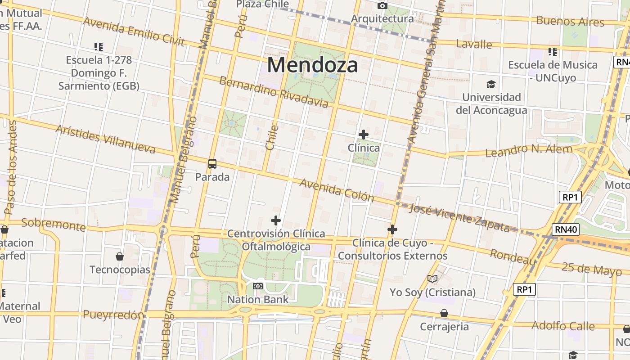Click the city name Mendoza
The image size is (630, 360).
[313, 65]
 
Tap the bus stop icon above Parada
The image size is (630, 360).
[212, 164]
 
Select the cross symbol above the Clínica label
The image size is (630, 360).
[364, 135]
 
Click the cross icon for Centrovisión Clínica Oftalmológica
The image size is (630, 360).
[276, 220]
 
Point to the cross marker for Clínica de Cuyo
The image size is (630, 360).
[392, 230]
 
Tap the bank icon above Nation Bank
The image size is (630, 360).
[258, 286]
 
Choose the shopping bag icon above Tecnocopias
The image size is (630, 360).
[120, 256]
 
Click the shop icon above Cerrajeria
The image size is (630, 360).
[444, 313]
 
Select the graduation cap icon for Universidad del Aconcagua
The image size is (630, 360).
[491, 84]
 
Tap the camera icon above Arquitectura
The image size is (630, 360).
[382, 5]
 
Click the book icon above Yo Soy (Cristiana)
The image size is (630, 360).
[432, 279]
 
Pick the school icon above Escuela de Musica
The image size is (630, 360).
[553, 52]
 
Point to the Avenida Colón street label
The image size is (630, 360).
[337, 190]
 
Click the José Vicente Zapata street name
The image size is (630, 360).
[460, 218]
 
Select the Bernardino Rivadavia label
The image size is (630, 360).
[274, 92]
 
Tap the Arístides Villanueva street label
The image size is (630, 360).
[105, 139]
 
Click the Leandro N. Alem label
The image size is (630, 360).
[529, 150]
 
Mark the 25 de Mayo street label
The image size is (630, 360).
[591, 269]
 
